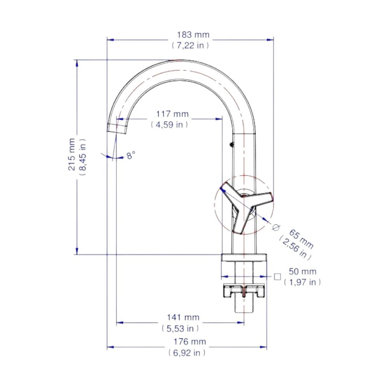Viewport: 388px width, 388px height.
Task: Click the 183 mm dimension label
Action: [x=193, y=35]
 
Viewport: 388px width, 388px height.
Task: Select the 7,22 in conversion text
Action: [x=190, y=45]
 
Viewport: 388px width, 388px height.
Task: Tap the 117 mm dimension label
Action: [x=172, y=114]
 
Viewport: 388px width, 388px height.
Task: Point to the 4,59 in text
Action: [x=169, y=125]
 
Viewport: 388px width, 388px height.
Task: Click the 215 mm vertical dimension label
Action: [x=72, y=154]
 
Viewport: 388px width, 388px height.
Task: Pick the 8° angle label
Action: [x=131, y=156]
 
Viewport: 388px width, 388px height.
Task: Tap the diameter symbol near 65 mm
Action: [x=276, y=227]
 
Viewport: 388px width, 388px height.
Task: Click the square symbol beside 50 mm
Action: [x=277, y=277]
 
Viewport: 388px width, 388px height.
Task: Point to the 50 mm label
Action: [x=303, y=272]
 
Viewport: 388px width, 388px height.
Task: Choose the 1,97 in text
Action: [x=302, y=282]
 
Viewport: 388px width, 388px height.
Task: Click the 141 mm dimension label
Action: [x=183, y=317]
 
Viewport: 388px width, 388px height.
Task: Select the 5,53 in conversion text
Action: [x=180, y=328]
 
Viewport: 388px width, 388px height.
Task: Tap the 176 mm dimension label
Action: [x=190, y=342]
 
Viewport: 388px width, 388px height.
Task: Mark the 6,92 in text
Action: [x=187, y=353]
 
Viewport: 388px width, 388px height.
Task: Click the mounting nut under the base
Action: [x=244, y=291]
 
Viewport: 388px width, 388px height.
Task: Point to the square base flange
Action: [x=244, y=257]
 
